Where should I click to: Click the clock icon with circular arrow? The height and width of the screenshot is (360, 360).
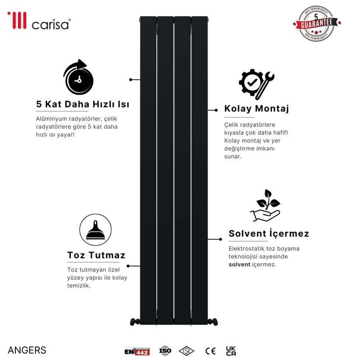coord(79,78)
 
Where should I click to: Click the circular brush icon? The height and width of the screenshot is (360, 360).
coord(95,229)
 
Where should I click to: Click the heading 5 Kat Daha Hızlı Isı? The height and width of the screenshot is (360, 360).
coord(82,105)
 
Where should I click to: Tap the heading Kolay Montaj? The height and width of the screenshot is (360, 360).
coord(256,108)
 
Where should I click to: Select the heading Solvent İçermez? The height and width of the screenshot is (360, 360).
coord(269,233)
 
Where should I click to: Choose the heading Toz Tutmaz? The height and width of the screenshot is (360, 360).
coord(96,255)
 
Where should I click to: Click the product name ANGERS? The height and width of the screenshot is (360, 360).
coord(27,350)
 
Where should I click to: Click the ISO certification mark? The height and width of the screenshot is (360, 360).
coord(165,350)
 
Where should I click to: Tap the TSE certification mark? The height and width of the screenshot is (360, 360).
coord(187,350)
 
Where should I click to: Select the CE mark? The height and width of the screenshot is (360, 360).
coord(210,350)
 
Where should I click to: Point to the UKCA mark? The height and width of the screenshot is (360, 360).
coord(231,350)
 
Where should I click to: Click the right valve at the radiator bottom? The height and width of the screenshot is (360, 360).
coord(213,321)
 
